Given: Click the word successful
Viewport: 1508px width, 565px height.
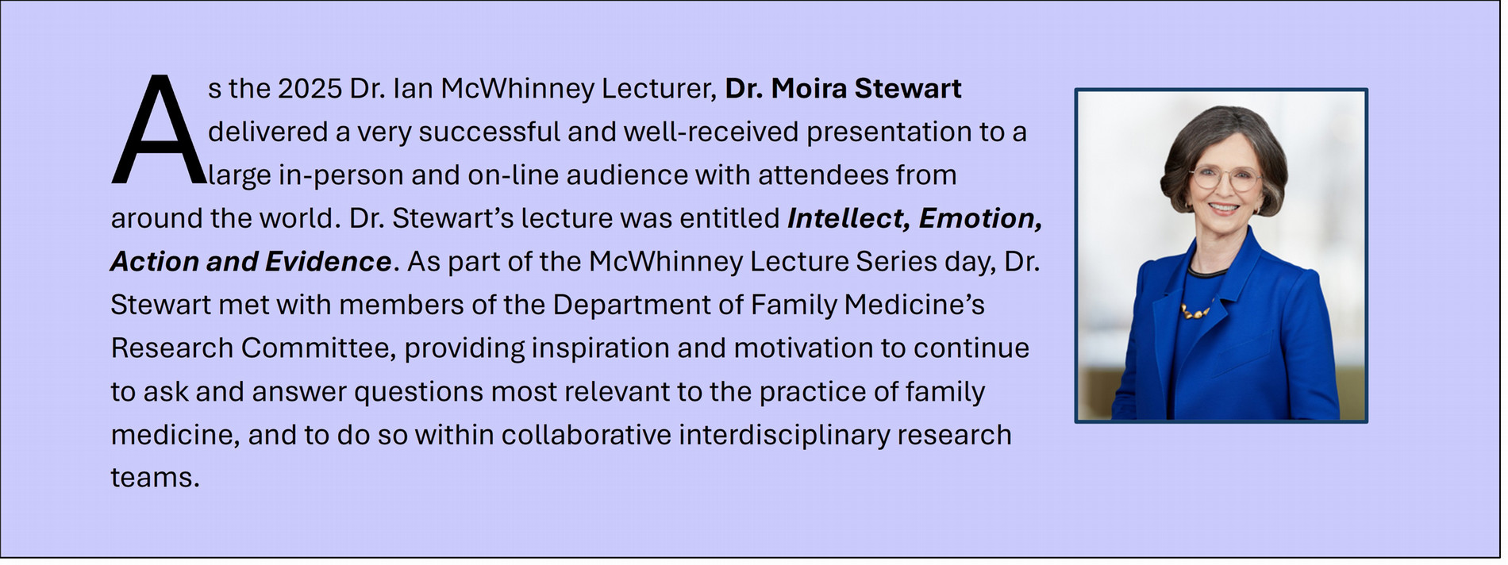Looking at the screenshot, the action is pyautogui.click(x=490, y=132).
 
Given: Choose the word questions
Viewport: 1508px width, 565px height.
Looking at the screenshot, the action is pyautogui.click(x=418, y=392).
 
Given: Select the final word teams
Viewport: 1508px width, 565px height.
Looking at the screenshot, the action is pyautogui.click(x=155, y=479).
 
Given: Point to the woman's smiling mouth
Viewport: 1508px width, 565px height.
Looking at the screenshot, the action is pyautogui.click(x=1223, y=208).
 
